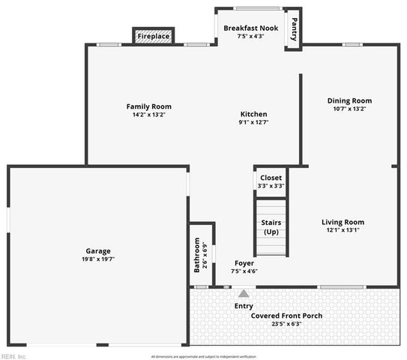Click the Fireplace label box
tap(154, 36)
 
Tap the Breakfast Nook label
tap(251, 28)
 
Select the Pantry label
tap(294, 29)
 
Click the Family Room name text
tap(148, 106)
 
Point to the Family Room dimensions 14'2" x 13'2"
tap(148, 115)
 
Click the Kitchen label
tap(253, 114)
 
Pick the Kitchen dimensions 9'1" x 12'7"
tap(253, 122)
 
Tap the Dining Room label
tap(349, 100)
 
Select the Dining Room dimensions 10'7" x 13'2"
tap(349, 109)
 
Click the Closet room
tap(271, 181)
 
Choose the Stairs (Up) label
tap(271, 227)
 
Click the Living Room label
tap(343, 222)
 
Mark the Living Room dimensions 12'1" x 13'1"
tap(343, 230)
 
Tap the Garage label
tap(97, 250)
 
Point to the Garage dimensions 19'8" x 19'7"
tap(97, 259)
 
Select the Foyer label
tap(244, 263)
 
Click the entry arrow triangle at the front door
tap(244, 293)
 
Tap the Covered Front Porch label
tap(286, 316)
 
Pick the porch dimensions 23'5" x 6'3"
tap(286, 324)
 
